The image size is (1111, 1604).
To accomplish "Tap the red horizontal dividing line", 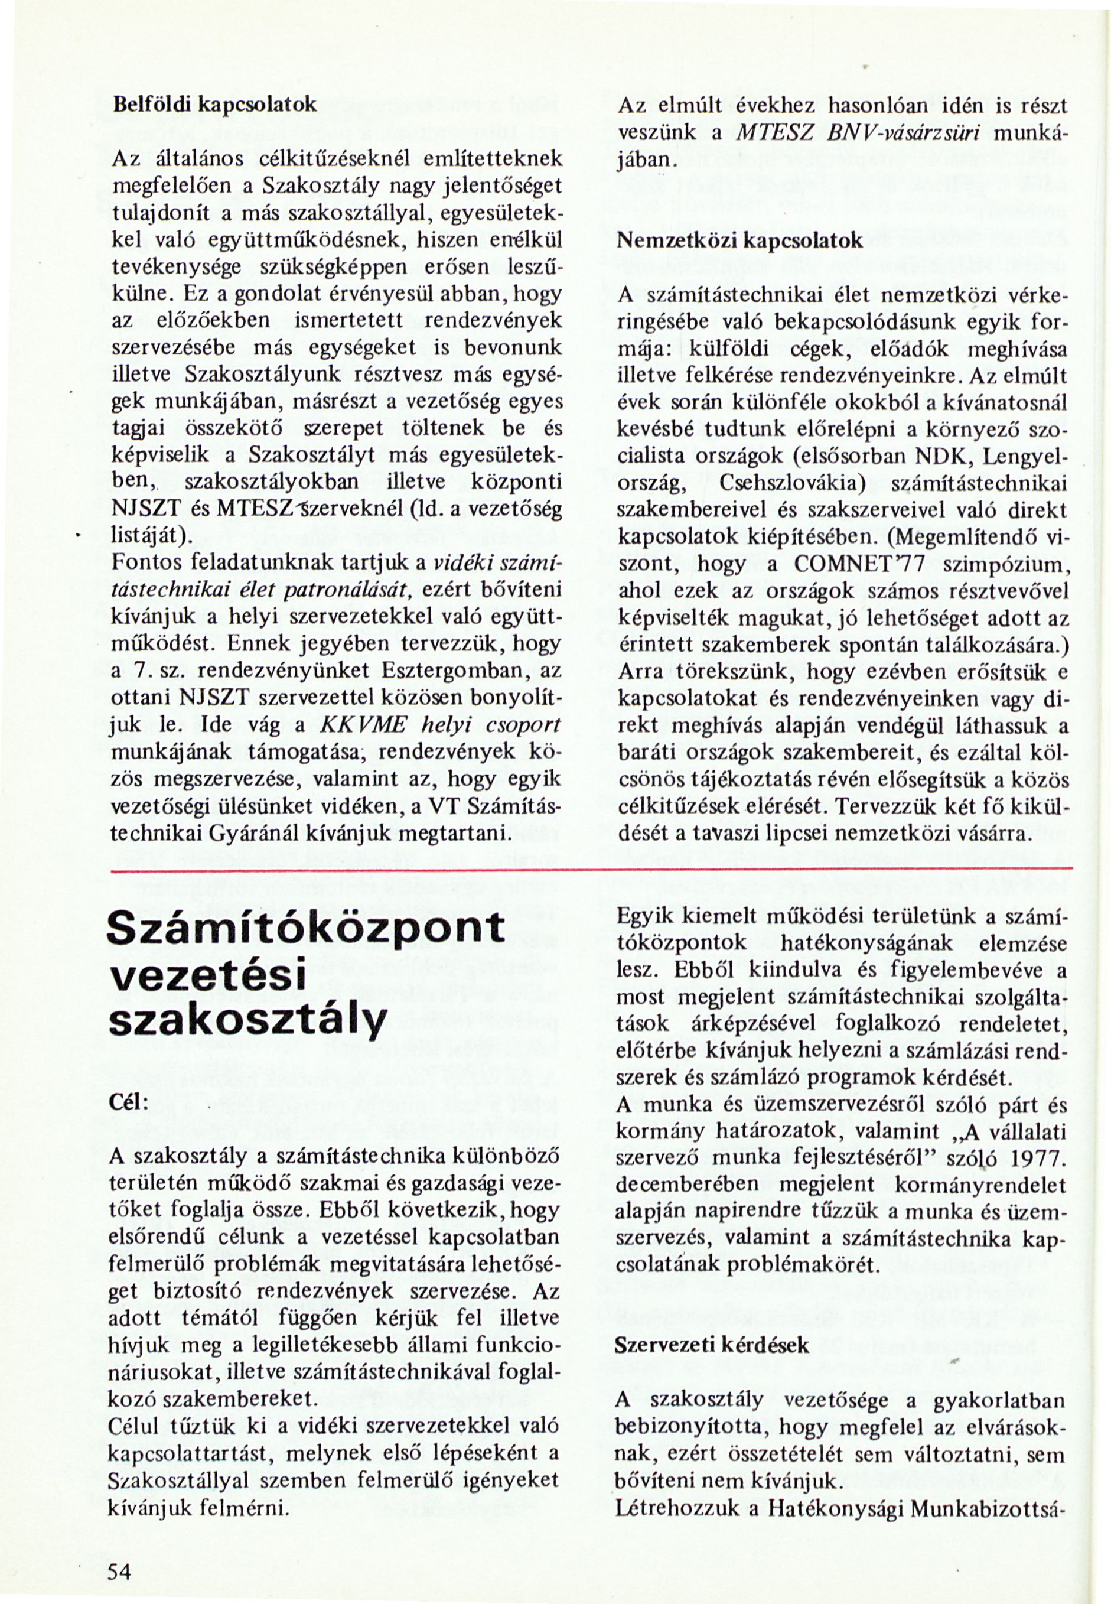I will [x=592, y=869].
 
